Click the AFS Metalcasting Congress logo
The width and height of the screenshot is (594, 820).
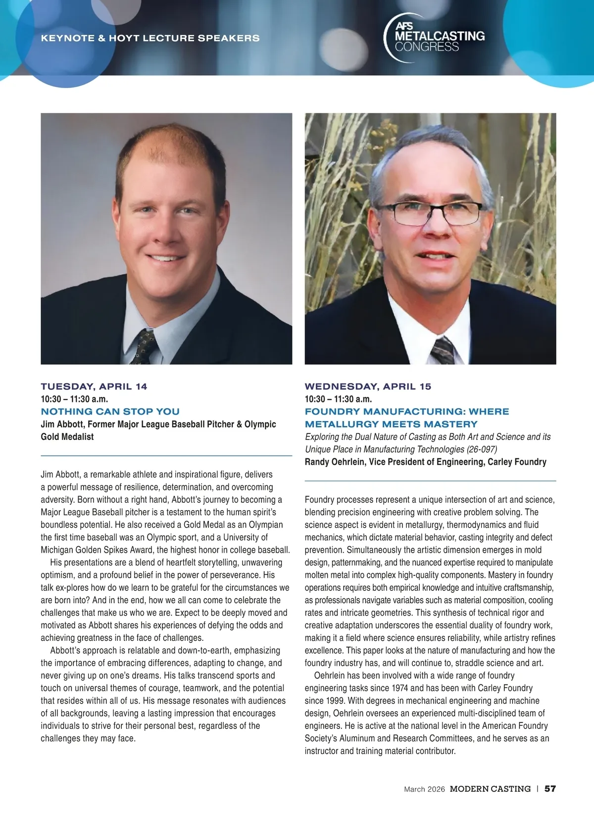coord(435,38)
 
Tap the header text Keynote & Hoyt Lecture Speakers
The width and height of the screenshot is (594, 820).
coord(150,38)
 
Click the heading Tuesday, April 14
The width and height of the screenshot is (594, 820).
coord(94,386)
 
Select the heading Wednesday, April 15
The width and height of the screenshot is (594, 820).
coord(368,386)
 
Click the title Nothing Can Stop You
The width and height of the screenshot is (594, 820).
coord(110,411)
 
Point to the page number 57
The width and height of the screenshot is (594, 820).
coord(550,789)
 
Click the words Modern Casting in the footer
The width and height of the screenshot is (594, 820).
coord(490,789)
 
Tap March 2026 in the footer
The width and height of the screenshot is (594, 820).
coord(424,789)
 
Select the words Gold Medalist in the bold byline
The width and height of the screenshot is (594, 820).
coord(67,437)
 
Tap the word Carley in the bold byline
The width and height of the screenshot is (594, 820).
coord(500,462)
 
